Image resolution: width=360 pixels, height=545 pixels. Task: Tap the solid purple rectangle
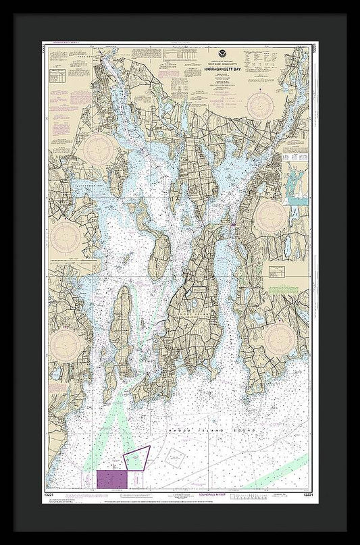click(x=111, y=479)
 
